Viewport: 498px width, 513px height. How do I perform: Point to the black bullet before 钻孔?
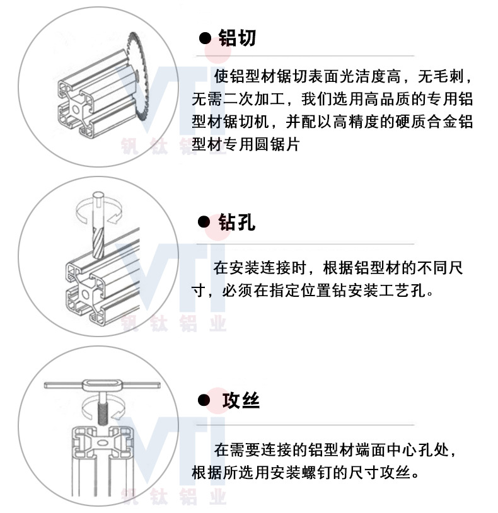click(204, 222)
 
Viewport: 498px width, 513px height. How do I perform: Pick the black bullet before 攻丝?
click(204, 400)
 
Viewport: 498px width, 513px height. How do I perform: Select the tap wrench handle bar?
click(101, 384)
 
